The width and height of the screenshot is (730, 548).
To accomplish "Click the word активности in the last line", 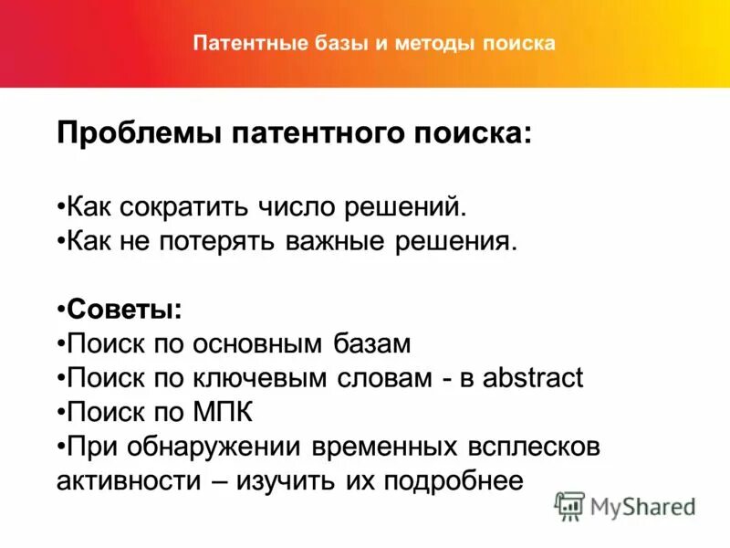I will click(124, 480).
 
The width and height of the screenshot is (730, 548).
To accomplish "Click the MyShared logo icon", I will click(569, 505).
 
